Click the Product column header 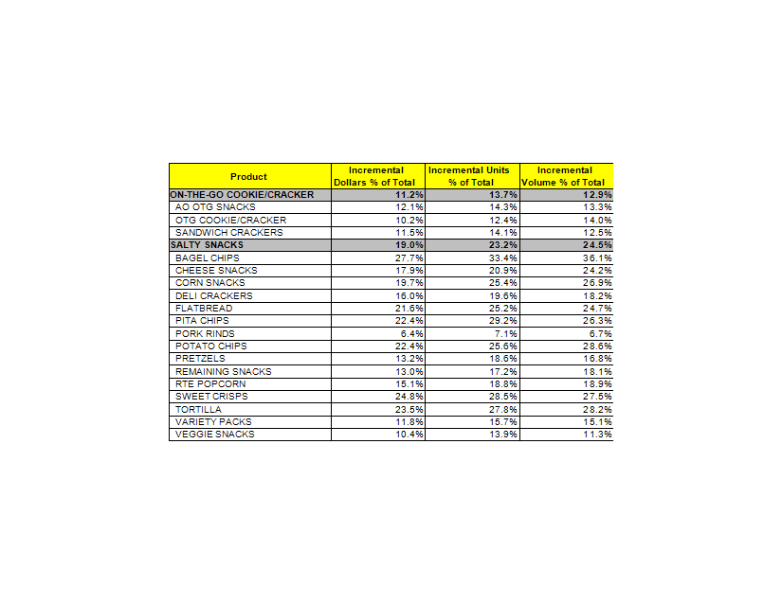248,176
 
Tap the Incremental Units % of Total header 471,176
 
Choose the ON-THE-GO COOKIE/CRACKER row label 242,194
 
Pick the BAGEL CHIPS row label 208,258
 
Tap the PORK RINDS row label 206,333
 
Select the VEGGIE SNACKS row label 215,435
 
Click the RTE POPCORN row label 210,383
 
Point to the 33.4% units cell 503,258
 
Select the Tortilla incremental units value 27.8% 503,409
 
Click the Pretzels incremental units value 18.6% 503,359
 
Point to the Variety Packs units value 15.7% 503,421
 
